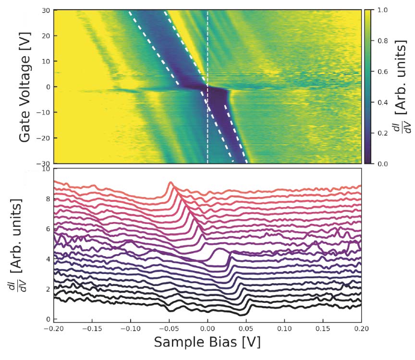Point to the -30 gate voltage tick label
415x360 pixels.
(x=43, y=163)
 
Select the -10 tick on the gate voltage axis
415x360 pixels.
(x=43, y=112)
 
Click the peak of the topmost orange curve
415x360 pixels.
(x=171, y=183)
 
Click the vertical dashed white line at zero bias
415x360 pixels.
(x=207, y=48)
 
